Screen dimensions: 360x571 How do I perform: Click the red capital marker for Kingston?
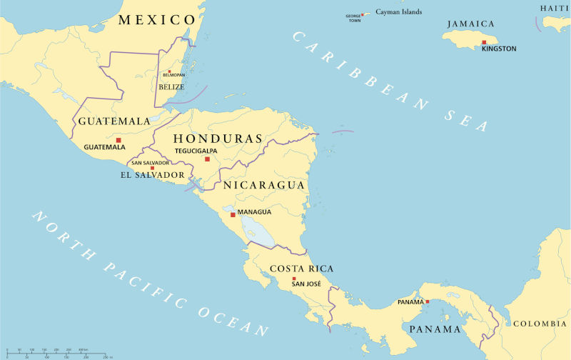tap(484, 42)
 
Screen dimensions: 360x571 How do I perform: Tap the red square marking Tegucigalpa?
tap(208, 159)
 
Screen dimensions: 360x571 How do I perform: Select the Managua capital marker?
tap(233, 212)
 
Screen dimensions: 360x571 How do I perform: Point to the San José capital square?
tap(293, 279)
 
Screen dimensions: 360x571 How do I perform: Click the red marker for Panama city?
tap(428, 302)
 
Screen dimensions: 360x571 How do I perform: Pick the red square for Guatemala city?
tap(118, 140)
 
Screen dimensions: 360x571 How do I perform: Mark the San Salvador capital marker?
tap(152, 169)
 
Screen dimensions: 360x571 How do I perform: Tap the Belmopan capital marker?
tap(169, 71)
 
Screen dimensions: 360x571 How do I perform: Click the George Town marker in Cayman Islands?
tap(362, 14)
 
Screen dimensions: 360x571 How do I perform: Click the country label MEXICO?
tap(156, 19)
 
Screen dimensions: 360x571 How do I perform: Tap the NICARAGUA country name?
tap(264, 185)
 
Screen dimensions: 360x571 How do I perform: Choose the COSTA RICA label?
tap(301, 269)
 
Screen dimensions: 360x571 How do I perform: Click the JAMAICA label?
tap(470, 24)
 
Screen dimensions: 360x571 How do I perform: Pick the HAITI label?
tap(555, 8)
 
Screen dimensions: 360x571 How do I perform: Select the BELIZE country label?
tap(171, 87)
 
